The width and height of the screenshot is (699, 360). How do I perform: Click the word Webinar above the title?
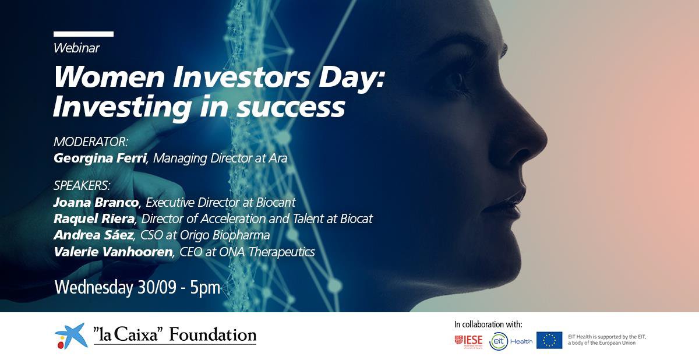pos(76,48)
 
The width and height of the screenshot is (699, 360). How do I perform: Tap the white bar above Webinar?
pos(83,34)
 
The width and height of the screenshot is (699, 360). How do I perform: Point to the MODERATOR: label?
pos(90,142)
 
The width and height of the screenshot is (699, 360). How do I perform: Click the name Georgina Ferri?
pos(98,158)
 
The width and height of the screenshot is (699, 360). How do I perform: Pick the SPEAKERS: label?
pos(82,186)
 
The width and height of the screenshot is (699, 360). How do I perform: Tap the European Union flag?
pos(549,340)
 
